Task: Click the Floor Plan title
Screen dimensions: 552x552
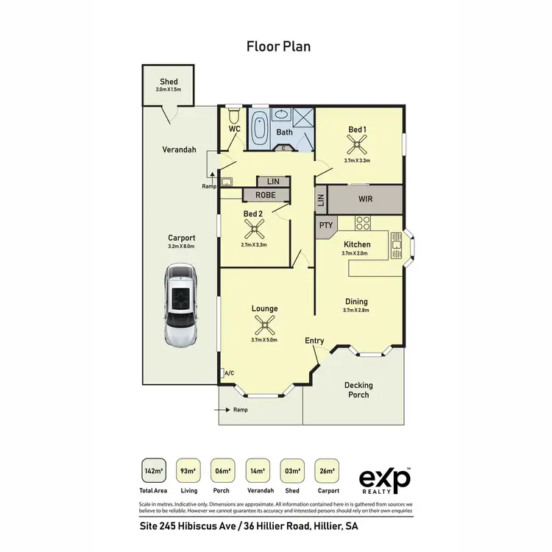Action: (278, 46)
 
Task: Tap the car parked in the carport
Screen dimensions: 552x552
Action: (181, 307)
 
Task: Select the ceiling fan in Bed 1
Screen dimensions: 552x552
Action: (358, 145)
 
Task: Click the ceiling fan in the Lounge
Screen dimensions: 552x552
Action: (264, 324)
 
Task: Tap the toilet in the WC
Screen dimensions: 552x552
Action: (234, 116)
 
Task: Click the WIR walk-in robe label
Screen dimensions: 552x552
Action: (365, 199)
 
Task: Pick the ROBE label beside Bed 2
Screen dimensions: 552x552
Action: (265, 195)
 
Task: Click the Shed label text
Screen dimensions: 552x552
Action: (169, 82)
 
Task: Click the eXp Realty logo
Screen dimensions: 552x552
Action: (385, 479)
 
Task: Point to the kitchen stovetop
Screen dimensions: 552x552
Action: (362, 222)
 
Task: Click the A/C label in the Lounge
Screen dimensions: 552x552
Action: (229, 373)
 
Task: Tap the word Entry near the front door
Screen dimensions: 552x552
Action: (314, 341)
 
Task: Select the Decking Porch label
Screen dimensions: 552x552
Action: (358, 390)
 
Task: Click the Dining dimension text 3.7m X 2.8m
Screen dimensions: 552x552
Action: (356, 311)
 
